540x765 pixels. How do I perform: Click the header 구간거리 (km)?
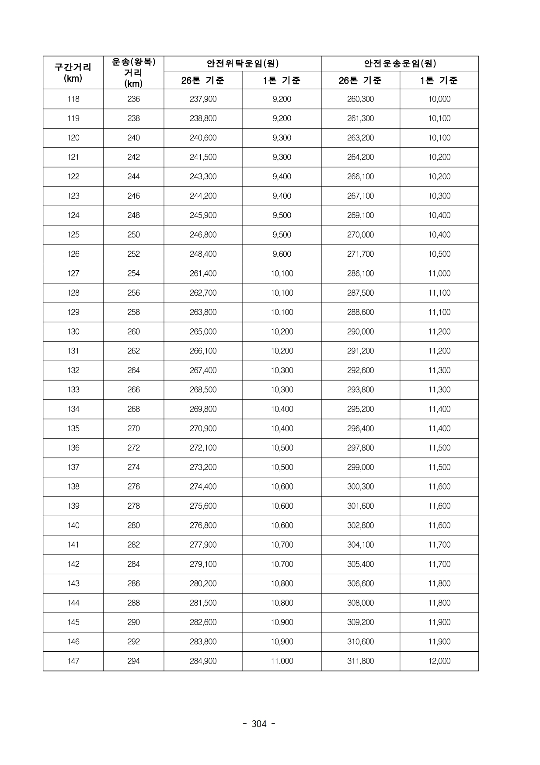[73, 73]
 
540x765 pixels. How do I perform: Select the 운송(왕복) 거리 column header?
[133, 73]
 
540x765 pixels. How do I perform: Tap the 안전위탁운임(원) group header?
[242, 63]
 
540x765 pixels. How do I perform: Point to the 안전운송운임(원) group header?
[400, 63]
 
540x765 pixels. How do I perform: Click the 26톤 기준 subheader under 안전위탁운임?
[203, 80]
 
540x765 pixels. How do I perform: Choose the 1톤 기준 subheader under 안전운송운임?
[439, 80]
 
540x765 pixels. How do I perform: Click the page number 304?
[259, 724]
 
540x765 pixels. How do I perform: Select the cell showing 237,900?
[203, 99]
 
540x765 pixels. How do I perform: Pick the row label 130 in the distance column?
[73, 332]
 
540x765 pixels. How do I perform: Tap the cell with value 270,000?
[360, 235]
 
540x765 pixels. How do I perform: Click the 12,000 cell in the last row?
[439, 661]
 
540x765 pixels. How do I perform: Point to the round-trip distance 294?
[133, 661]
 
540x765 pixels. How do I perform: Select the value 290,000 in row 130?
[360, 332]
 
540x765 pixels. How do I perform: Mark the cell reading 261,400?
[203, 273]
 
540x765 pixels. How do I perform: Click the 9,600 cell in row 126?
[282, 254]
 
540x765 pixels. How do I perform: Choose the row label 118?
[73, 99]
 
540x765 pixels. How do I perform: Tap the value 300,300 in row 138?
[360, 486]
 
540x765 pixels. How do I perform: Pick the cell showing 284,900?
[203, 661]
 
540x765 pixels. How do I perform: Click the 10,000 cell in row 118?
[439, 99]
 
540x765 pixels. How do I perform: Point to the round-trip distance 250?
[133, 235]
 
